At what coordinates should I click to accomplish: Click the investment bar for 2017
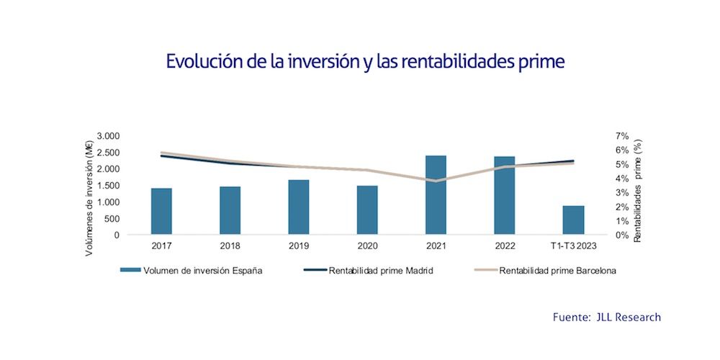(x=161, y=211)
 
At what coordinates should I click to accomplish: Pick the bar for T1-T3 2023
(x=573, y=220)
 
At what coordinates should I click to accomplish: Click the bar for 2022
(x=505, y=195)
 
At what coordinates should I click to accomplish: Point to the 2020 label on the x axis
(x=367, y=245)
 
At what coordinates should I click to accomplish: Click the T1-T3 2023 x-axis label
(x=573, y=245)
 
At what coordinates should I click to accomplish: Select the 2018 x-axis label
(x=230, y=245)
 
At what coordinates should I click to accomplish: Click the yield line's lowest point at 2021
(x=436, y=181)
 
